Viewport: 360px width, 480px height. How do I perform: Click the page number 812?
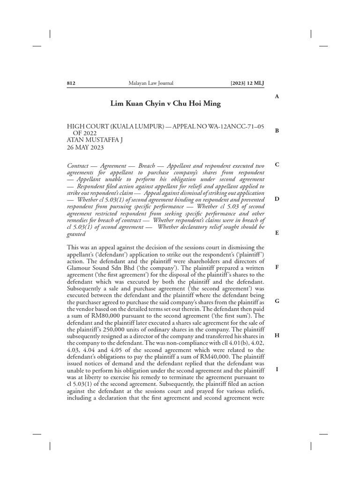pos(72,83)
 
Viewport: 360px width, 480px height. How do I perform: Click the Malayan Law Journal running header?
pos(151,83)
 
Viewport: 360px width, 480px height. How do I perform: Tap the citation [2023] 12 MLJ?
pos(247,83)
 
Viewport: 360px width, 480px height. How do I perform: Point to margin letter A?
pos(277,97)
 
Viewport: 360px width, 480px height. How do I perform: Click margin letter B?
pos(277,131)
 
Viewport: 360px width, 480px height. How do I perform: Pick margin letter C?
pos(277,165)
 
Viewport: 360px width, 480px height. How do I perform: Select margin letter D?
pos(277,199)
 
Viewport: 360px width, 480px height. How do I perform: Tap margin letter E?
pos(277,233)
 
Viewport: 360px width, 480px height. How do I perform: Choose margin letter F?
pos(277,267)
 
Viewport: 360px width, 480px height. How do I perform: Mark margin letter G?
pos(277,301)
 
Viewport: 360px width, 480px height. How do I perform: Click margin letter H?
pos(277,335)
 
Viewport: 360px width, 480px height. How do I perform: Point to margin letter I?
pos(277,369)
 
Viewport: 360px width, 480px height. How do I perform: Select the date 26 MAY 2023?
pos(85,147)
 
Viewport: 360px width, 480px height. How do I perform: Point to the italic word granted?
pos(76,234)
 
